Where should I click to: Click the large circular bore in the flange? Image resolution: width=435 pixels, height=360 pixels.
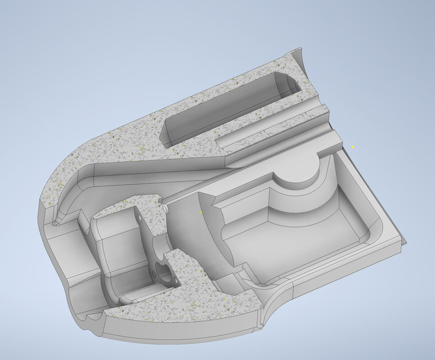tap(164, 273)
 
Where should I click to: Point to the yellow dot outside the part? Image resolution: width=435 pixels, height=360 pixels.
tap(353, 147)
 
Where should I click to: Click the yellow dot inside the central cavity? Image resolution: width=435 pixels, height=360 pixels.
tap(201, 213)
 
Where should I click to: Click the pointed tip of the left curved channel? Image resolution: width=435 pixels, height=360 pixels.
tap(55, 223)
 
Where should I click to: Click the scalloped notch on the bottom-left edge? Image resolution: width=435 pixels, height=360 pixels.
tap(90, 321)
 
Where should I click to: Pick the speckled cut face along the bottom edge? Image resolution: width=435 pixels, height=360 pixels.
tap(186, 321)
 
